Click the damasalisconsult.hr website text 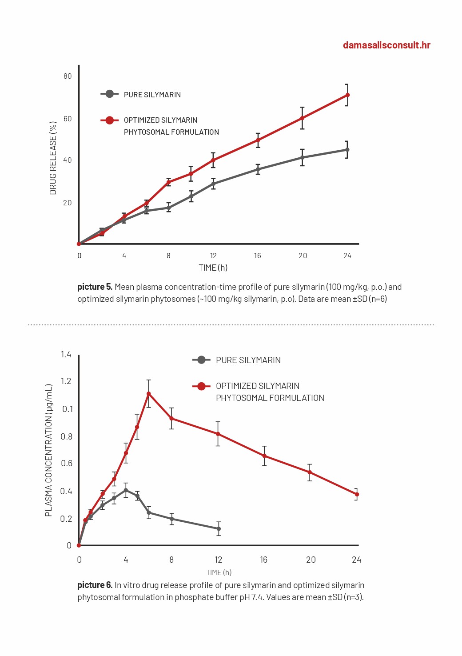[386, 45]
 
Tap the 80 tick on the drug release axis [68, 76]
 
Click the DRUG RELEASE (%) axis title [53, 158]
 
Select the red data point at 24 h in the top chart [347, 95]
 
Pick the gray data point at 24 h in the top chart [347, 150]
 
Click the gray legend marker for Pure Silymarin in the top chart [109, 94]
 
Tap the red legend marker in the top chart [109, 120]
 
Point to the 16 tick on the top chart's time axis [257, 256]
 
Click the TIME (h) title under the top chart [213, 268]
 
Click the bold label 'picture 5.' [95, 287]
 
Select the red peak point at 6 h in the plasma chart [149, 394]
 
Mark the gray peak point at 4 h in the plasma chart [126, 490]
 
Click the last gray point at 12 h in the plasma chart [219, 528]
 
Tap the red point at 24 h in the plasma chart [357, 494]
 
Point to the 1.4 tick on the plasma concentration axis [66, 354]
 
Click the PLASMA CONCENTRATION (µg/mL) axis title [48, 450]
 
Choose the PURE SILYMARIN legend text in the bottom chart [248, 360]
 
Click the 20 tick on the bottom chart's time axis [311, 560]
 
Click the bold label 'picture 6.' [95, 585]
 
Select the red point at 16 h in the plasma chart [264, 456]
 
